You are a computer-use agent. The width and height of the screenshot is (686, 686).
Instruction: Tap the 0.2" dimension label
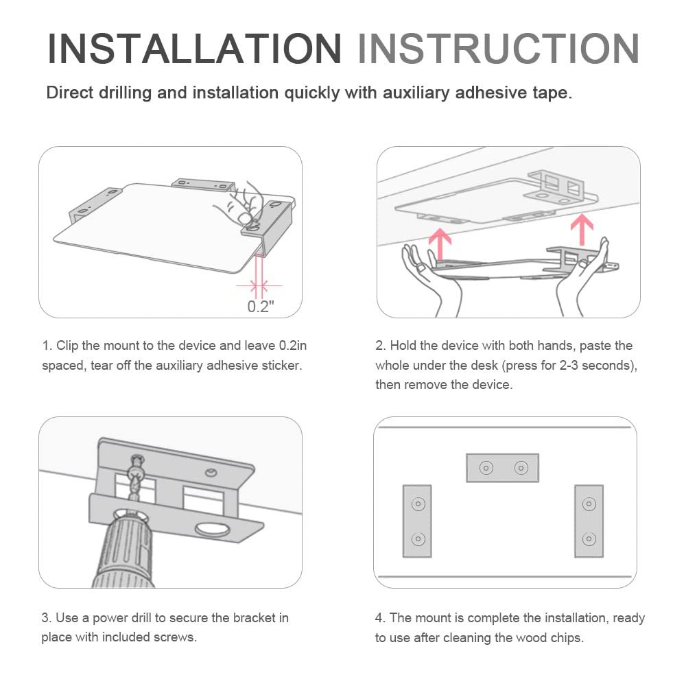click(x=261, y=306)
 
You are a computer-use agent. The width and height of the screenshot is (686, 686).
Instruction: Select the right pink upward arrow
click(x=582, y=230)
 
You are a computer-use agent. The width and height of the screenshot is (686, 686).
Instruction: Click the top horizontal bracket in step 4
click(x=503, y=468)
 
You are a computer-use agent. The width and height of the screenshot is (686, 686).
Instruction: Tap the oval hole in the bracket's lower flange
click(x=213, y=529)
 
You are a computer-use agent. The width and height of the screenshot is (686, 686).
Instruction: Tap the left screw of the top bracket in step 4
click(x=486, y=468)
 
